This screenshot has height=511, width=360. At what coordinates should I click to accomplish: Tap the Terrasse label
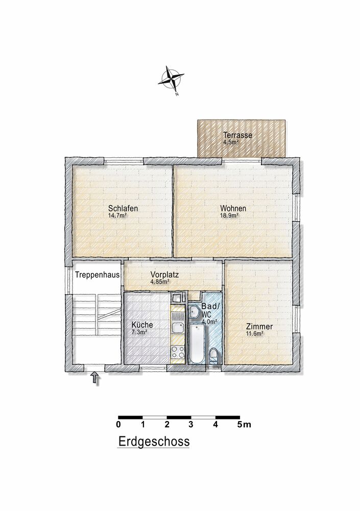[x=237, y=135]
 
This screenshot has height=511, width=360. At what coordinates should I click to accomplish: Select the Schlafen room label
[x=123, y=208]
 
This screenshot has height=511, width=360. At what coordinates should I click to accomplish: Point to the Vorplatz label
[x=164, y=275]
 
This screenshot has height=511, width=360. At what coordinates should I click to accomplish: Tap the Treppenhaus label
[x=98, y=275]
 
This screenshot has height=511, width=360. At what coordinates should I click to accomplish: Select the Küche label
[x=142, y=325]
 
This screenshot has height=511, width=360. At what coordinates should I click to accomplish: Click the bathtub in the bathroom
[x=197, y=344]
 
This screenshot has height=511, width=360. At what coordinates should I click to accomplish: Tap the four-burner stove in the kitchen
[x=178, y=352]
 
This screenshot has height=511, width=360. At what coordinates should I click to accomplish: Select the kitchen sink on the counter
[x=178, y=328]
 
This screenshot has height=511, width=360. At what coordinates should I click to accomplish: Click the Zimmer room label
[x=259, y=327]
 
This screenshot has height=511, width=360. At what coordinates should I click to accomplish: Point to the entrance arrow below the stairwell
[x=95, y=378]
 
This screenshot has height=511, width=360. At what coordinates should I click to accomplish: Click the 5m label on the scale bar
[x=245, y=425]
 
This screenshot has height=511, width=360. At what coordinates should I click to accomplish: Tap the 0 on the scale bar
[x=118, y=425]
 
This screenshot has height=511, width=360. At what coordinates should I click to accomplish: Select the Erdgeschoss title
[x=154, y=442]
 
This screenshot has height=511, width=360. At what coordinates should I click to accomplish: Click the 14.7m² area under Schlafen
[x=117, y=216]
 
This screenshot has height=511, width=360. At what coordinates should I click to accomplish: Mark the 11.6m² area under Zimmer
[x=255, y=334]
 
